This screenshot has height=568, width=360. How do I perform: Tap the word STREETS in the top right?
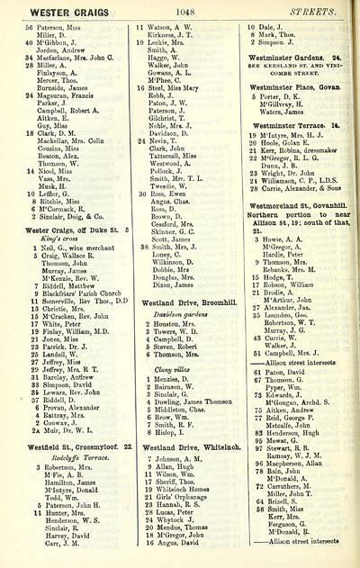click(x=320, y=10)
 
